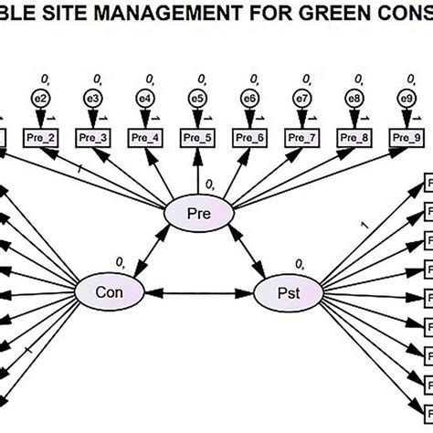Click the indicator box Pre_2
click(41, 137)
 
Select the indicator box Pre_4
click(145, 137)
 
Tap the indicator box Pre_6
click(249, 137)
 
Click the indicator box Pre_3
click(93, 137)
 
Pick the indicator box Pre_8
click(354, 137)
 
